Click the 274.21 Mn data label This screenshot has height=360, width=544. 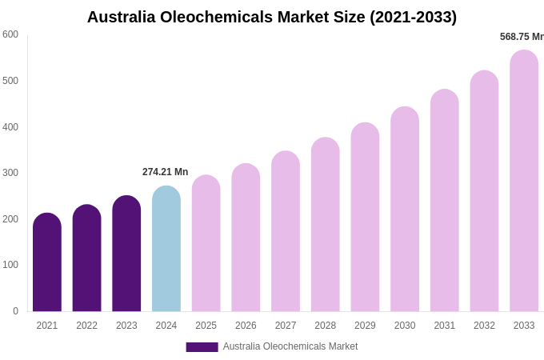point(165,172)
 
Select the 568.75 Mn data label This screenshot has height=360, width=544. point(521,37)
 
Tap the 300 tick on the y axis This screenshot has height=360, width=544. point(10,173)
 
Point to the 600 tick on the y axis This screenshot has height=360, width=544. point(10,34)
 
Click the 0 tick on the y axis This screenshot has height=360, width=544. point(15,311)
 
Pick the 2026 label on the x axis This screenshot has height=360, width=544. point(246,326)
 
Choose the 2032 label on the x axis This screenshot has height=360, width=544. point(484,326)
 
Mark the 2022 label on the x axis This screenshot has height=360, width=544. point(86,326)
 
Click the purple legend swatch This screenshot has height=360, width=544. point(202,347)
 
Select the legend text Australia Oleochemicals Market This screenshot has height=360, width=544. point(290,346)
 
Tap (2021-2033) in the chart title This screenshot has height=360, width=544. point(413,17)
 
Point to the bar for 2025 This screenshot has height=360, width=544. point(206,243)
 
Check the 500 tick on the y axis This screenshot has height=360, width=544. point(10,81)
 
